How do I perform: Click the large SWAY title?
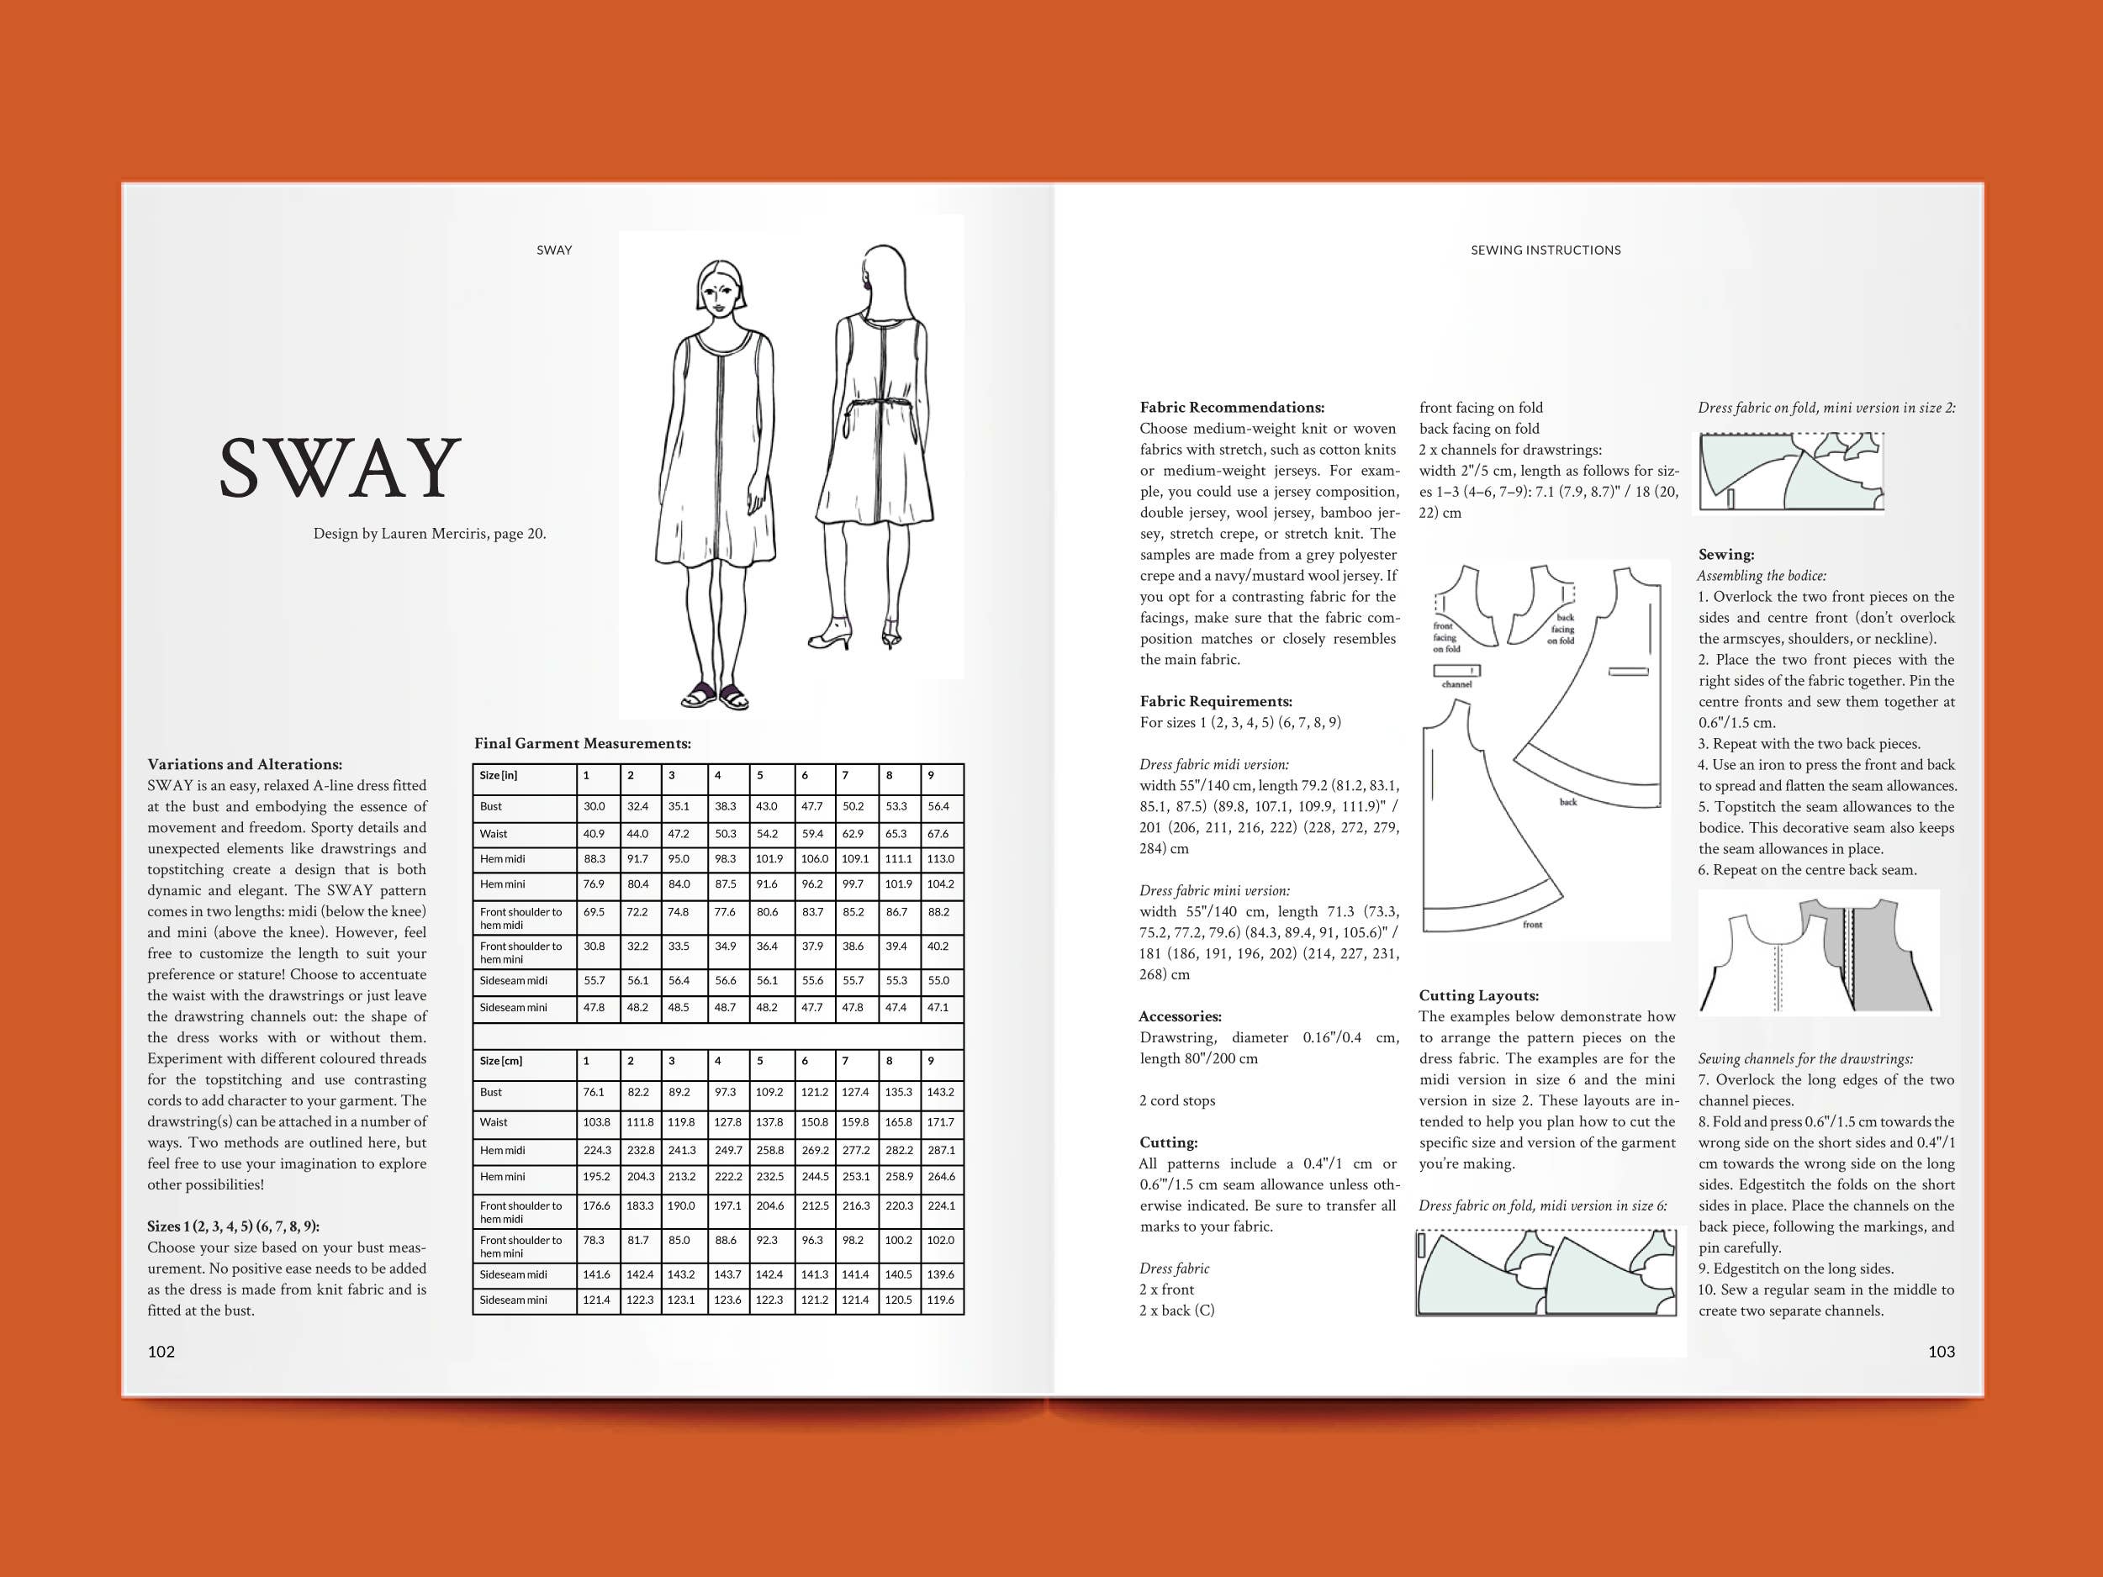[x=340, y=467]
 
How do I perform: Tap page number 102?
[x=161, y=1352]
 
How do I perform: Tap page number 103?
[x=1941, y=1352]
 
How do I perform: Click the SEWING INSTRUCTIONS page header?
[x=1545, y=250]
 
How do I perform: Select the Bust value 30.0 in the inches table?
[x=594, y=806]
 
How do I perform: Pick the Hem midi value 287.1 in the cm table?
[x=940, y=1150]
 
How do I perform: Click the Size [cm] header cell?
[x=501, y=1061]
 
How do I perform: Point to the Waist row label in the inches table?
[x=494, y=834]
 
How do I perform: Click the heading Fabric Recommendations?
[x=1231, y=408]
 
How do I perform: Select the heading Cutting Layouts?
[x=1478, y=995]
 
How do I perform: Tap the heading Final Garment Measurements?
[x=582, y=743]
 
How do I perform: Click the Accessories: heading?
[x=1180, y=1016]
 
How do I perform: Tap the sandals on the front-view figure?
[x=715, y=697]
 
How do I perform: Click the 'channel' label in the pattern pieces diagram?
[x=1456, y=683]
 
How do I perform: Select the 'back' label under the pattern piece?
[x=1567, y=801]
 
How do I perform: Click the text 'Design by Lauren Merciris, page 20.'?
[x=430, y=533]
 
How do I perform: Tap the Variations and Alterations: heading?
[x=245, y=764]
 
